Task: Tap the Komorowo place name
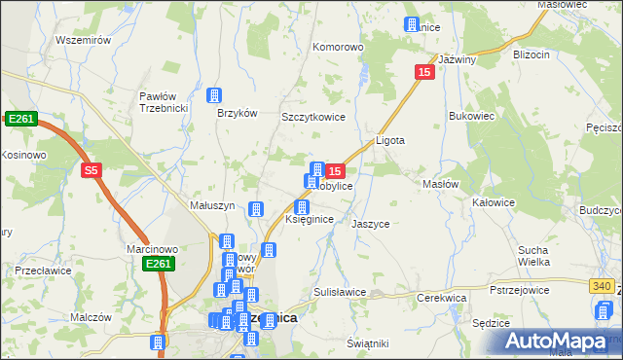point(338,46)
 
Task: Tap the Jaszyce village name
point(371,224)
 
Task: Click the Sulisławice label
point(340,292)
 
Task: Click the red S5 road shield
point(92,170)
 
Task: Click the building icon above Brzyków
point(214,95)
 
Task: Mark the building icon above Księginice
point(302,207)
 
